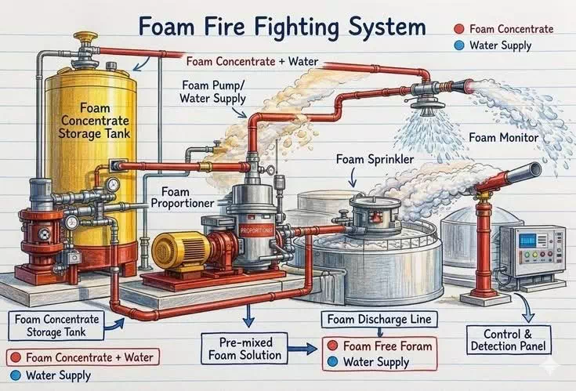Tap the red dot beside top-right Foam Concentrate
(459, 29)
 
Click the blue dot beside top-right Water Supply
(459, 45)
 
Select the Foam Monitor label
(504, 138)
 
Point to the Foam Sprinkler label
(375, 159)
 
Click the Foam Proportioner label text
(182, 197)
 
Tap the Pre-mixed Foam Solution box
(245, 349)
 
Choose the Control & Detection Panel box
(509, 339)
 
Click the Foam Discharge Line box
(379, 320)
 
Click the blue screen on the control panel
(527, 241)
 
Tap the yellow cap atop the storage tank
(85, 37)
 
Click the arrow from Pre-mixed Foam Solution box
(302, 349)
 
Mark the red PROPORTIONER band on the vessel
(257, 230)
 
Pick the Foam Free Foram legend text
(388, 346)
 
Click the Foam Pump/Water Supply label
(212, 92)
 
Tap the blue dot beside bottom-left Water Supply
(16, 375)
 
